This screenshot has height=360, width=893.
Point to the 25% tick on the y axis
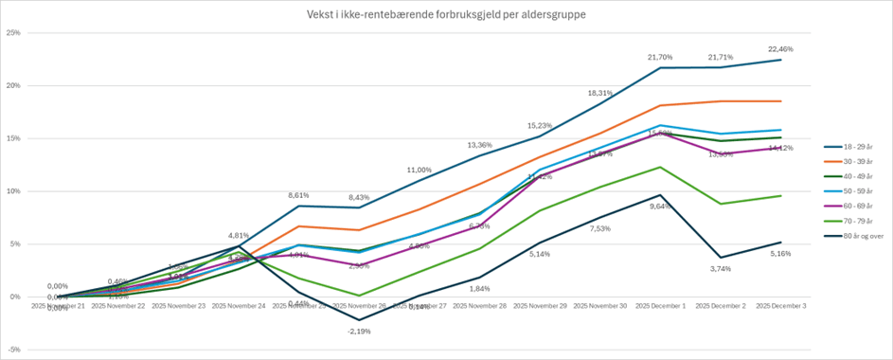(x=13, y=33)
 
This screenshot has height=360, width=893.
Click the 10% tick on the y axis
(x=13, y=191)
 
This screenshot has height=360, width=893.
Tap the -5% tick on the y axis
(x=13, y=350)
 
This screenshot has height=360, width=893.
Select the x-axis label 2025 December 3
(x=780, y=307)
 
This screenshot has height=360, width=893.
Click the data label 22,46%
(x=779, y=49)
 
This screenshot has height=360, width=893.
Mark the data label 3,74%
(x=721, y=269)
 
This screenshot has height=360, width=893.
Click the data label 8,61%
(x=299, y=195)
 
